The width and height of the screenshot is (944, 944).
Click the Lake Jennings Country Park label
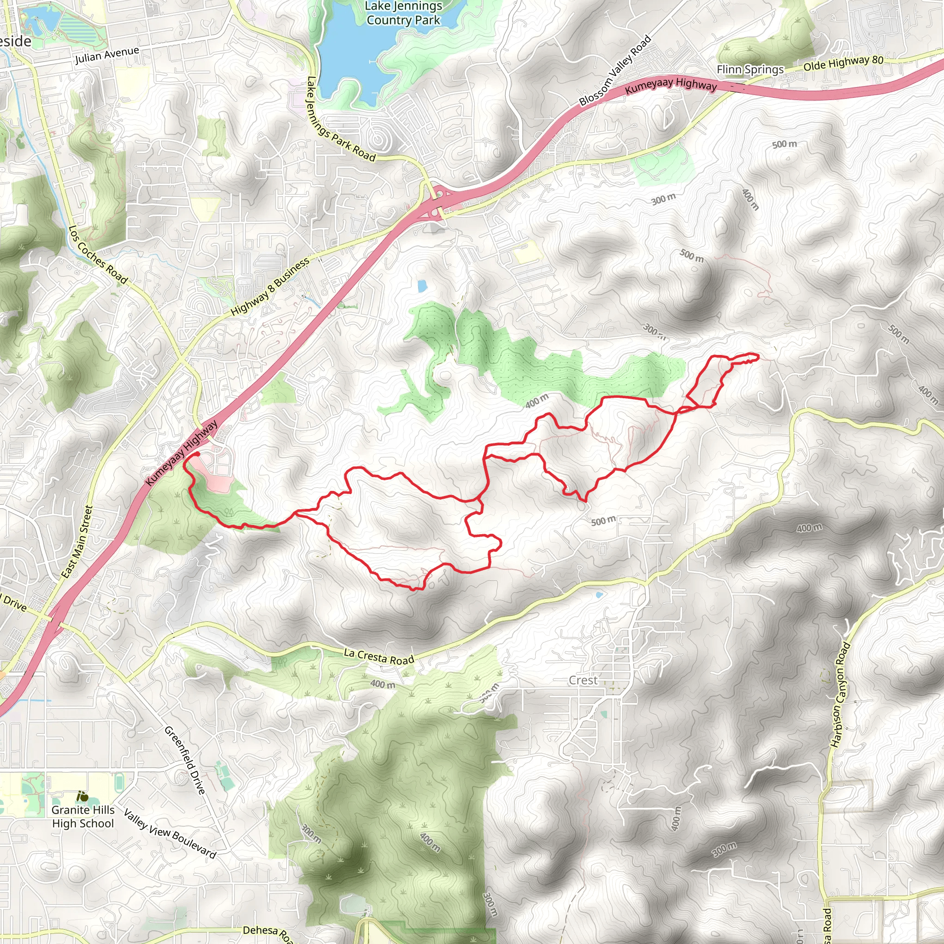tap(403, 13)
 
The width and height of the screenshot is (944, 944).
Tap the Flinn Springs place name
tap(749, 70)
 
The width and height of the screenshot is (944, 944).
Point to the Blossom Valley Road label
tap(615, 71)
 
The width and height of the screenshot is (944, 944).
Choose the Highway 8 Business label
tap(270, 286)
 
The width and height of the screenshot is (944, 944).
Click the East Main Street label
tap(77, 542)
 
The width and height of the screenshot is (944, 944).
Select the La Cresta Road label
tap(379, 656)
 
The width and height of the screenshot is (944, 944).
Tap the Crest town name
tap(583, 680)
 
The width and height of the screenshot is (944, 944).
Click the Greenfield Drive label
tap(185, 760)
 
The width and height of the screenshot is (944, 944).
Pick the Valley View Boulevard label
tap(170, 833)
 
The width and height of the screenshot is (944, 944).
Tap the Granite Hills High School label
tap(83, 816)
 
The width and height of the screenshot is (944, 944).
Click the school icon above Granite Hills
tap(83, 797)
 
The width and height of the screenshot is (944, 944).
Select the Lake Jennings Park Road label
tap(341, 120)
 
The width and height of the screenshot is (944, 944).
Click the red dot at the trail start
tap(197, 454)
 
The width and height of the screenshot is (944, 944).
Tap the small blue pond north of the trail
tap(422, 286)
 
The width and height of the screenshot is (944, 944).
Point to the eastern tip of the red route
tap(758, 357)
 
